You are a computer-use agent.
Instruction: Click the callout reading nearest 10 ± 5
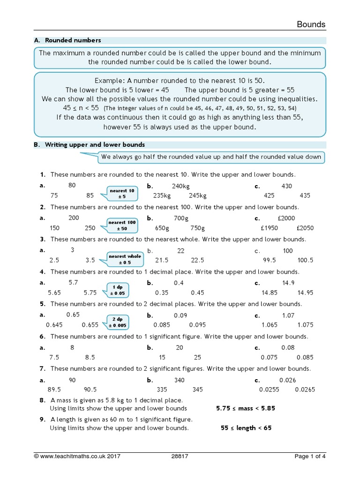click(x=122, y=194)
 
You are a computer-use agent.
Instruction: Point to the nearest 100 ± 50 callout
click(x=122, y=225)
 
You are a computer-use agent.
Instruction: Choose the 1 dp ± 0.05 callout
click(x=117, y=290)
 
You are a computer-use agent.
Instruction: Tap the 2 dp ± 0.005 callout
click(x=117, y=322)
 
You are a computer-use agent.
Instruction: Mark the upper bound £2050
click(x=305, y=228)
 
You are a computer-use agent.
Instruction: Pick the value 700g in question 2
click(x=180, y=218)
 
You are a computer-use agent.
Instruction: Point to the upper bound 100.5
click(x=305, y=260)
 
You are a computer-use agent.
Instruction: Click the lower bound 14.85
click(x=270, y=292)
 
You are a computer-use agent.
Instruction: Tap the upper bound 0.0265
click(x=305, y=390)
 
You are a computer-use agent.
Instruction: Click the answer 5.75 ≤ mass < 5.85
click(x=246, y=409)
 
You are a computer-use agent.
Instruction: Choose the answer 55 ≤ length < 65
click(x=246, y=428)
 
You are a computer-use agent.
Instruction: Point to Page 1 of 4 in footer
click(x=310, y=456)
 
